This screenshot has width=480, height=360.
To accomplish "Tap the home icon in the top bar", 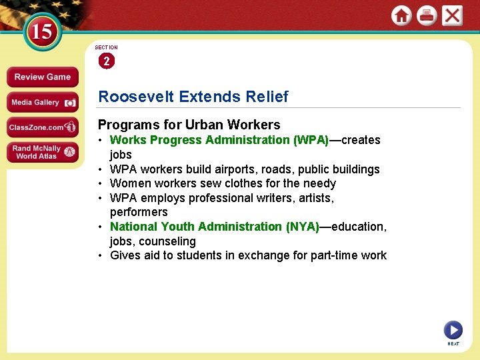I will (401, 15).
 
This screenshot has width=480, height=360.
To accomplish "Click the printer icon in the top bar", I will (427, 15).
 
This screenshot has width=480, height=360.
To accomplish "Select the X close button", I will (452, 15).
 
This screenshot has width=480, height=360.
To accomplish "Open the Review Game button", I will (42, 77).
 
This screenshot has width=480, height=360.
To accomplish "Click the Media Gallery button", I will (42, 103).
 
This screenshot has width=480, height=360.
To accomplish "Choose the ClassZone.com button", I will (42, 127).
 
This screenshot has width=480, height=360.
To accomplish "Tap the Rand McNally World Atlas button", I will (42, 153).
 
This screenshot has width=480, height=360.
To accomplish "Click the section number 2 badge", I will (106, 61).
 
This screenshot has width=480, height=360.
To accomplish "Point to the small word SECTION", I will (106, 48).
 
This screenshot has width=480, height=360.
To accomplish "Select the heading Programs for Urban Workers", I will (189, 125).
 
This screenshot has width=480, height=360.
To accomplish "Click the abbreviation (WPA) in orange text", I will (311, 140).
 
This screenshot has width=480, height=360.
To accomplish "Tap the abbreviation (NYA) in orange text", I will (303, 227).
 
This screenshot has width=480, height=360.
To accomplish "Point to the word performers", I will (139, 212).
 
